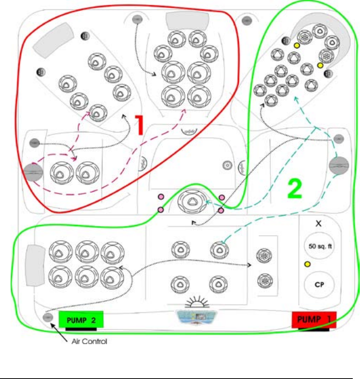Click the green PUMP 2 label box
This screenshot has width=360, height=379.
coord(81,319)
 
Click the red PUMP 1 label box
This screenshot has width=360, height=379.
coord(314,319)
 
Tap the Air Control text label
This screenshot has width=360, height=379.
coord(90,342)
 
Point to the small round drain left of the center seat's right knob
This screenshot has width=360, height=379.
coord(227,165)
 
